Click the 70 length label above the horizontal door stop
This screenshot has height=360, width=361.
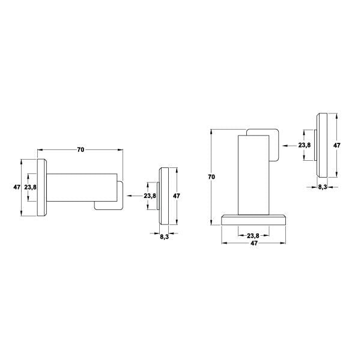coord(80,150)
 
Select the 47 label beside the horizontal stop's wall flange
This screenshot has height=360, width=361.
coord(17,187)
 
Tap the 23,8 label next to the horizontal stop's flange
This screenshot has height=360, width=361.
coord(31,187)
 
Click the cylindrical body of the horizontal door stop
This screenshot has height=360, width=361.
coord(82,187)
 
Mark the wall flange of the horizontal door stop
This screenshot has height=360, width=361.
coord(42,187)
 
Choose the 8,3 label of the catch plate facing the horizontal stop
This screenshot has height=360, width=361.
coord(165,237)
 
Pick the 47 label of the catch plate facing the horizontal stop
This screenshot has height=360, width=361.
coord(177,196)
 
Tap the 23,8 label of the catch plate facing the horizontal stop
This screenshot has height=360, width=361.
coord(150,196)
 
